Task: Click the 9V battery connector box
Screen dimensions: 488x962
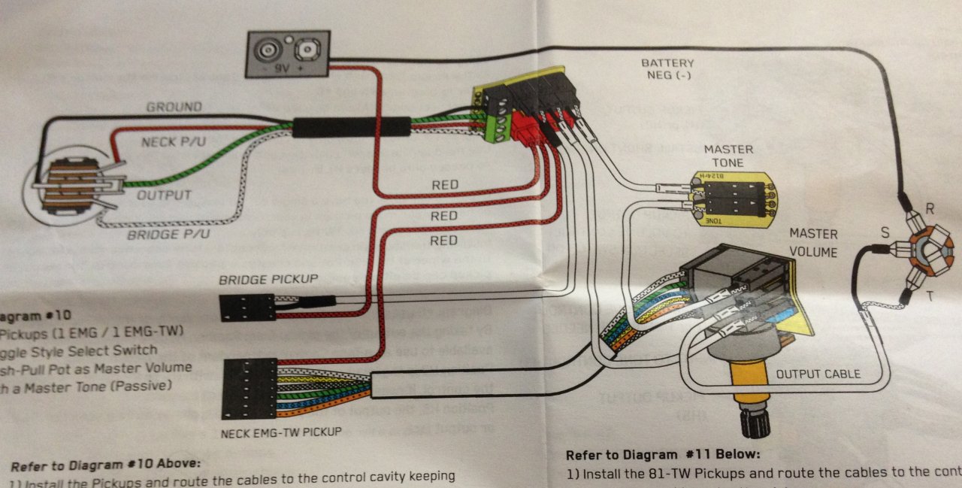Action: pos(287,53)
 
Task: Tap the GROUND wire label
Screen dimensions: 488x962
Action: pos(174,107)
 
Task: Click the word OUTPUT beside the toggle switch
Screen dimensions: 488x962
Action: pos(164,196)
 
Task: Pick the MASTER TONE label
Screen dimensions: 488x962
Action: pos(728,156)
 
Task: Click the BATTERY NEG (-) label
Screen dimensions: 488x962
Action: pos(667,70)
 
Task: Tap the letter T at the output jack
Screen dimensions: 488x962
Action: pos(930,296)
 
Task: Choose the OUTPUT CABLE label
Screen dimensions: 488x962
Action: pos(818,373)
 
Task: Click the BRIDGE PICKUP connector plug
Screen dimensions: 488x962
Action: pos(247,307)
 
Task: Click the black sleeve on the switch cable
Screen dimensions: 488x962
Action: pos(351,126)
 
